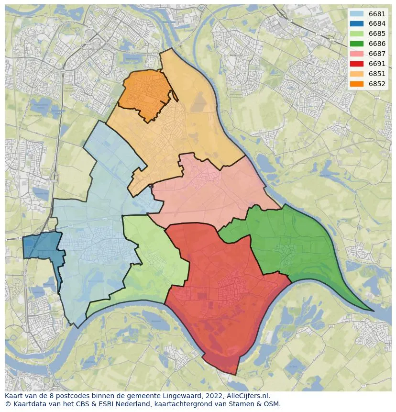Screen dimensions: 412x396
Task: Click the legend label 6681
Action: tap(377, 14)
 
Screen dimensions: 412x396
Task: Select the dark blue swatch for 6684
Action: tap(356, 24)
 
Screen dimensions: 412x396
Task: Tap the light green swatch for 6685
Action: tap(356, 34)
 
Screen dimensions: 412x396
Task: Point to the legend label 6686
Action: tap(377, 44)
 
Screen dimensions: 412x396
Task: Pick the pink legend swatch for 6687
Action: tap(356, 54)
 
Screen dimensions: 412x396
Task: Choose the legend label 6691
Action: tap(377, 64)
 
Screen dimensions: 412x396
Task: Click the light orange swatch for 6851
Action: tap(356, 74)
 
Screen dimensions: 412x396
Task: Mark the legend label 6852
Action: tap(377, 84)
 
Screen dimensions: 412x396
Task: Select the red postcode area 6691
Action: tap(215, 292)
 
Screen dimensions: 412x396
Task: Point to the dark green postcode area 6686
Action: tap(292, 244)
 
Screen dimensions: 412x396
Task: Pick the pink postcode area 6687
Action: tap(210, 191)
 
